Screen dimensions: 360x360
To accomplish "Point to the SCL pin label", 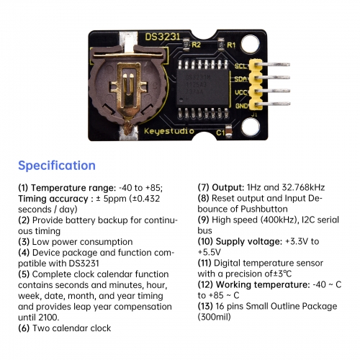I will point(240,66).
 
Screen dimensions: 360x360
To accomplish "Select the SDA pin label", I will point(240,79).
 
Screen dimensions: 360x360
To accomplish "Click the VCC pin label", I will point(240,92).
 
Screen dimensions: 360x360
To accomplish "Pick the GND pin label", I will point(240,105).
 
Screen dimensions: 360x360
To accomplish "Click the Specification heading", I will point(56,166).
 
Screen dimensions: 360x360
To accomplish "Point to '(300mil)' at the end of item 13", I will point(220,317).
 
